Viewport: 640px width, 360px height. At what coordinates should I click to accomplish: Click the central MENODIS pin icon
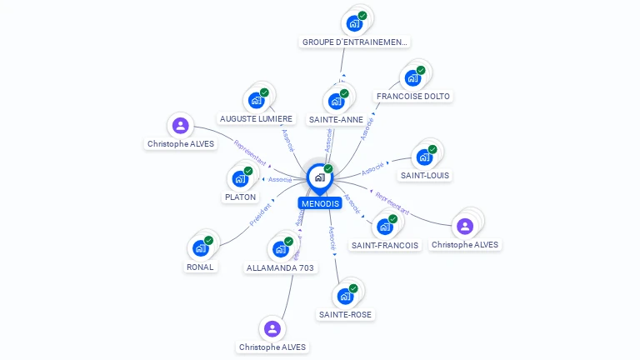coord(319,177)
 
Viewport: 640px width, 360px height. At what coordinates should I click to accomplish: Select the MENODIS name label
coord(320,203)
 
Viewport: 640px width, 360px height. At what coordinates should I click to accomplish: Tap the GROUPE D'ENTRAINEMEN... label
coord(355,42)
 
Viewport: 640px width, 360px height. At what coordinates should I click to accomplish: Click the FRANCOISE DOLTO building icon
coord(412,78)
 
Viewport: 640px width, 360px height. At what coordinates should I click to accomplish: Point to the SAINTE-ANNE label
coord(336,119)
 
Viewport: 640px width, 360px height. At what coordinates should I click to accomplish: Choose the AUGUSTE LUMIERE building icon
coord(257,101)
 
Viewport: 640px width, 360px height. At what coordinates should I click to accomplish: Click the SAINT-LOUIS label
coord(425,175)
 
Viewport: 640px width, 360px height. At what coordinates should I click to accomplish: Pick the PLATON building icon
coord(240,178)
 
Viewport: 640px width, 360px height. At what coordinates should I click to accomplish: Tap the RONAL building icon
coord(200,247)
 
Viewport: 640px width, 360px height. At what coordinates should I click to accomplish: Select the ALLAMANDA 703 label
coord(280,267)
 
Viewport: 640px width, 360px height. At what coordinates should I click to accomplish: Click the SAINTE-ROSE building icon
coord(345,296)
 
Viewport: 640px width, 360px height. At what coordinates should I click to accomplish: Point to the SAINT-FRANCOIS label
coord(385,245)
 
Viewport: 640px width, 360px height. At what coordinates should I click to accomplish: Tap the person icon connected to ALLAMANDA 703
coord(272,327)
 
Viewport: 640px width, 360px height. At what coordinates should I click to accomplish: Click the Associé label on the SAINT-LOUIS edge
coord(372,168)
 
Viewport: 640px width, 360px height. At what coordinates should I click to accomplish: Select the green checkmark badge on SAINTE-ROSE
coord(353,288)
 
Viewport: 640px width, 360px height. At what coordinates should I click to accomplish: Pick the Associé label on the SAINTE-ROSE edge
coord(332,238)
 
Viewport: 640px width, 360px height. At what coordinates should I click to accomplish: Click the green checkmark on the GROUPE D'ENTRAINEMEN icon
coord(362,15)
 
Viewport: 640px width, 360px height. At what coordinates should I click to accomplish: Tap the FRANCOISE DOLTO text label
coord(413,96)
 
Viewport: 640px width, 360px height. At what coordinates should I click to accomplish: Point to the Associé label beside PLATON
coord(280,179)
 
